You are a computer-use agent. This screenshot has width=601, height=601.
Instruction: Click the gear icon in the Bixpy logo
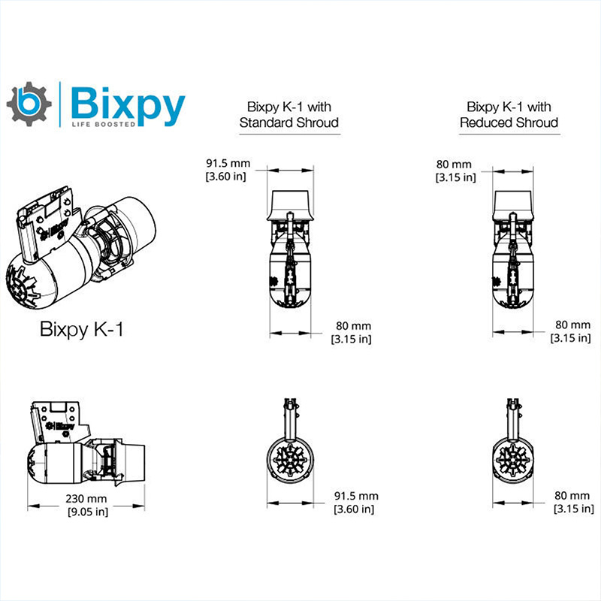[x=30, y=104]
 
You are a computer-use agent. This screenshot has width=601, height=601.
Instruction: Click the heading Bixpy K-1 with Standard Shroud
[x=289, y=114]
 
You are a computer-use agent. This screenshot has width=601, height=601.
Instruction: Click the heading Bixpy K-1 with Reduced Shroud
[x=509, y=114]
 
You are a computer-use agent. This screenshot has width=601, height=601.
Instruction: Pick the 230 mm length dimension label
[x=86, y=499]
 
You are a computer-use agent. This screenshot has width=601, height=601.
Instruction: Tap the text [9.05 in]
[x=86, y=512]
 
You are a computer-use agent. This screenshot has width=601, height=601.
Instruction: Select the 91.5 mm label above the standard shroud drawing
[x=228, y=163]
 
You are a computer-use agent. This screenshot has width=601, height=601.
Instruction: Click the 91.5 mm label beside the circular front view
[x=355, y=497]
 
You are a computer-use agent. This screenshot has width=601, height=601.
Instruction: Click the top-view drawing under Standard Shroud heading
[x=289, y=252]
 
